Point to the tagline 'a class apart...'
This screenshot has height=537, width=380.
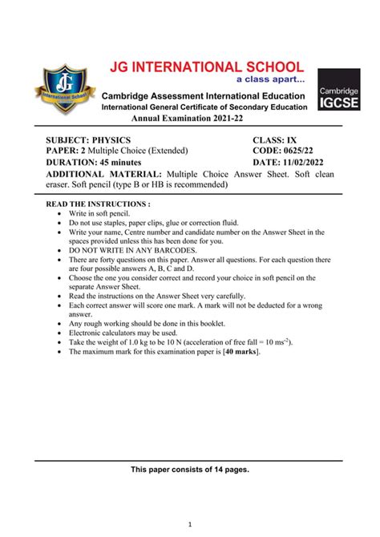coord(269,80)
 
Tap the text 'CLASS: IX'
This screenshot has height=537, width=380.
coord(280,139)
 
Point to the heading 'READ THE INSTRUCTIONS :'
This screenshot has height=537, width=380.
coord(99,204)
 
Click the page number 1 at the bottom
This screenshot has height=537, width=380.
coord(190,524)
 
